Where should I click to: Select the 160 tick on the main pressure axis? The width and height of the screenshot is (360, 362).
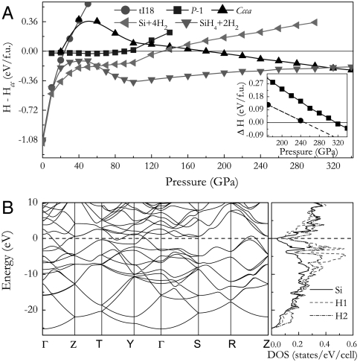coord(189,166)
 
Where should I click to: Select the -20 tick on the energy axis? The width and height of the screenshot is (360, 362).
coord(30,308)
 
